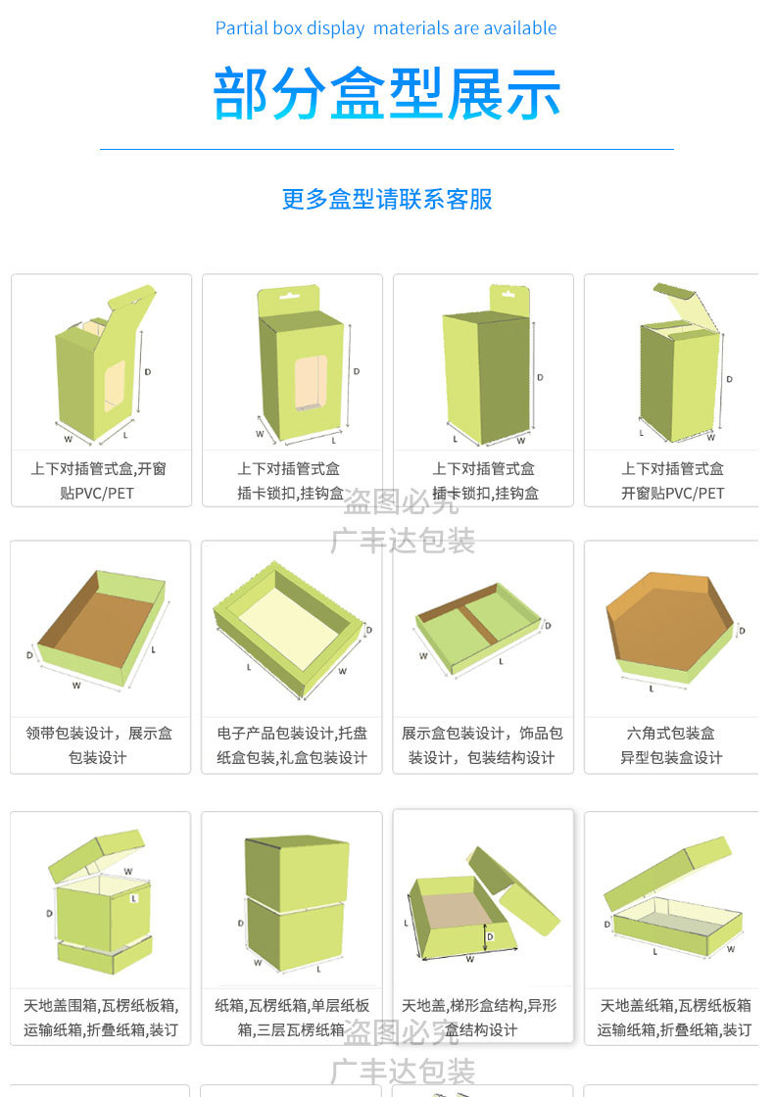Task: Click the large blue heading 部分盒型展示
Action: click(x=387, y=94)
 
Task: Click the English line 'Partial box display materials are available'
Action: click(x=386, y=28)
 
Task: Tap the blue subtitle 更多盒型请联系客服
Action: click(x=387, y=199)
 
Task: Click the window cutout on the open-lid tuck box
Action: click(x=115, y=385)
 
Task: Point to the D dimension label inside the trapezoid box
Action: click(x=490, y=937)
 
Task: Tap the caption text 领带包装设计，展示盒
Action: click(x=100, y=733)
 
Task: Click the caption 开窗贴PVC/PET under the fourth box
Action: click(x=672, y=493)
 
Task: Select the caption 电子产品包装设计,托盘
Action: click(x=291, y=733)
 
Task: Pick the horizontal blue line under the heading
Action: click(x=387, y=149)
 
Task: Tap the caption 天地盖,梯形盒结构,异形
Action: click(x=479, y=1005)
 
